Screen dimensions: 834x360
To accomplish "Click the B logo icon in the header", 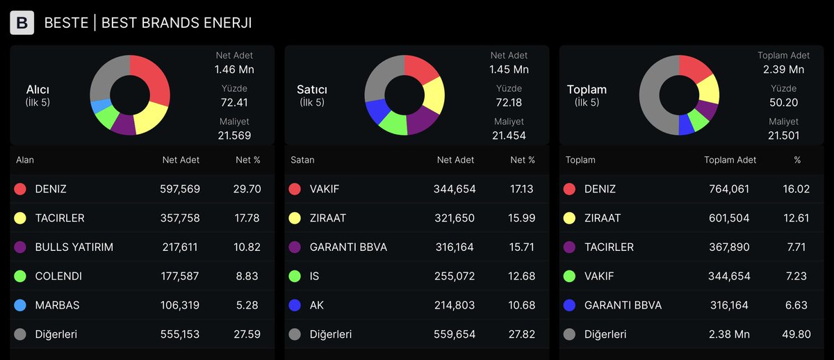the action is click(22, 23).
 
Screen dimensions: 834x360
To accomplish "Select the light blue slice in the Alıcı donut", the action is click(100, 106).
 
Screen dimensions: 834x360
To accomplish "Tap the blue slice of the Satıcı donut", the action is click(377, 111).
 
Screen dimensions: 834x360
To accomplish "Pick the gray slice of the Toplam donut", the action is click(653, 101).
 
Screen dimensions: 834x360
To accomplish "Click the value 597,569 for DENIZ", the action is click(180, 189).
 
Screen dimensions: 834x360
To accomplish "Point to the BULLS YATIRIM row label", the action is click(74, 247).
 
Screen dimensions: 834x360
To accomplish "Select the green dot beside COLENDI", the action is click(20, 276).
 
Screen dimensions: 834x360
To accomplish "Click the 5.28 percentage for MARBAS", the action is click(247, 305).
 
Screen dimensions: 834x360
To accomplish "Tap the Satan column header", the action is click(302, 160).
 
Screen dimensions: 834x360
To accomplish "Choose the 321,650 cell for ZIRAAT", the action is click(455, 218).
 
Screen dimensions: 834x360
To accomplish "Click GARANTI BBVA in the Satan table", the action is click(348, 247).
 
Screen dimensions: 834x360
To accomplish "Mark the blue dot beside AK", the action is click(295, 305).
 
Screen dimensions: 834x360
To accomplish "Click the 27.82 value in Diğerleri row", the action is click(522, 334).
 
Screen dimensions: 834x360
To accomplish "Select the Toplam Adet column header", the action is click(730, 160).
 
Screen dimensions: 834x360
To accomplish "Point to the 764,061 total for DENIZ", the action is click(729, 189).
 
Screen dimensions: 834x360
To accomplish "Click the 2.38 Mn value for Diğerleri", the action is click(729, 334).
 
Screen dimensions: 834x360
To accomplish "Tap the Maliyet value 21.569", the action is click(234, 136).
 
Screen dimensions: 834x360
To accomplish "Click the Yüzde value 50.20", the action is click(784, 103).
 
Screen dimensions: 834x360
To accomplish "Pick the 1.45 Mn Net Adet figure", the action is click(509, 69).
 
